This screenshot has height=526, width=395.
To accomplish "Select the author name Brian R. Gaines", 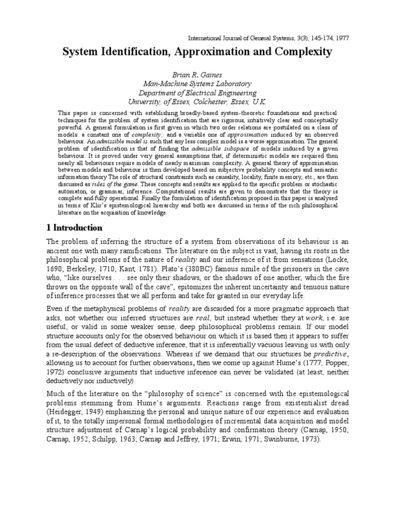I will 197,74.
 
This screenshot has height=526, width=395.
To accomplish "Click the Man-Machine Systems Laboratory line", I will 197,83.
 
